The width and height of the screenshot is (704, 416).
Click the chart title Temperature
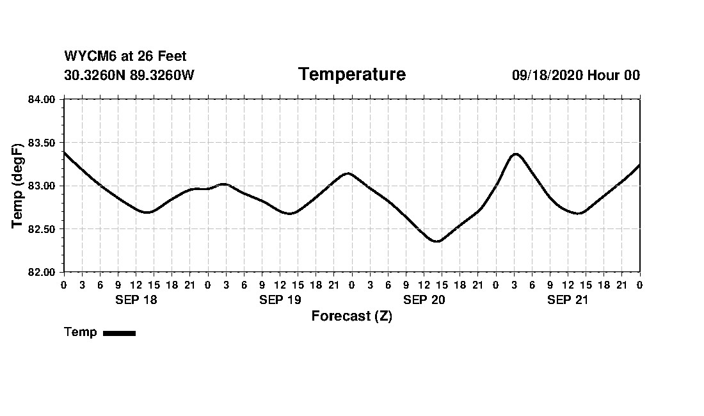[352, 75]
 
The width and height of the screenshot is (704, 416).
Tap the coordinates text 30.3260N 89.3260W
[129, 75]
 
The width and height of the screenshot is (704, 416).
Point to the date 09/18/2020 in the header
[547, 75]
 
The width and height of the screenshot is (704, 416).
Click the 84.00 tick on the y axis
[42, 99]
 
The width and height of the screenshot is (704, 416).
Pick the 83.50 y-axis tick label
[42, 142]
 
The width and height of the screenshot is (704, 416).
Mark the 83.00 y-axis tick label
[42, 186]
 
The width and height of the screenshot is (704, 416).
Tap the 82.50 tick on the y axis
[42, 228]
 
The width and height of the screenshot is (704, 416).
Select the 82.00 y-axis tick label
[42, 272]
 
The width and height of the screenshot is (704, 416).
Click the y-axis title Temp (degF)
[18, 186]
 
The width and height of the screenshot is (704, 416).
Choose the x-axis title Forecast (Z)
[351, 316]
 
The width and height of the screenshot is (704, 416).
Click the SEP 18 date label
[136, 300]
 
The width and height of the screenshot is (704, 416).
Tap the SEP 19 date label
[280, 300]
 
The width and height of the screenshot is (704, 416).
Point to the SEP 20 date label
[424, 300]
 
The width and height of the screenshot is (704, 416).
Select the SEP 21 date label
[568, 300]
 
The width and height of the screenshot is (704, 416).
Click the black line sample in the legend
[119, 333]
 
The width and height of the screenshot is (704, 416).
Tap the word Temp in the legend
[81, 332]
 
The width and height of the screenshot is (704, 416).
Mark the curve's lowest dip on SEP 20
[437, 241]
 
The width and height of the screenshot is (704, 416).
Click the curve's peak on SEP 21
[516, 154]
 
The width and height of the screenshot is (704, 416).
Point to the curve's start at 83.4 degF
[64, 152]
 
